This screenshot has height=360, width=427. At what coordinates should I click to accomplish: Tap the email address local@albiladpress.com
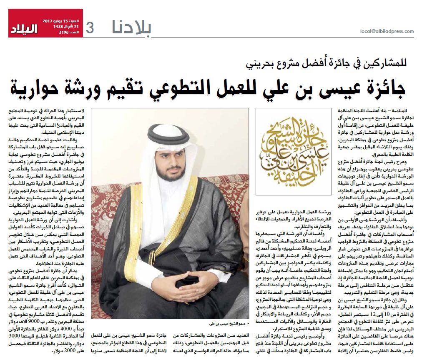click(x=387, y=31)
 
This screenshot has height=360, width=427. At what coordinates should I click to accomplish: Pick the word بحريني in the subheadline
click(x=259, y=64)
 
